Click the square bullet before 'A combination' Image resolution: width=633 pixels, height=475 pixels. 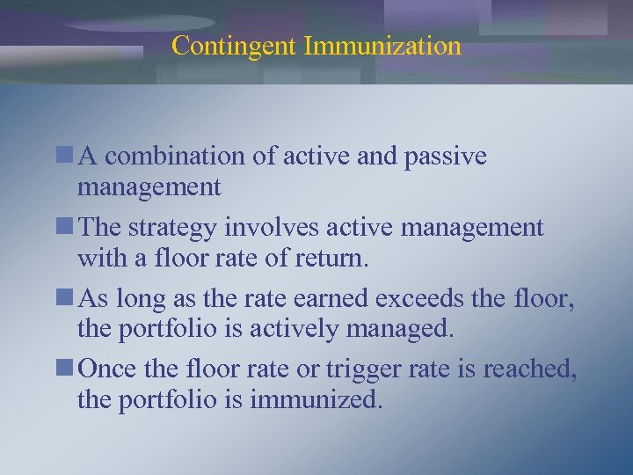click(x=68, y=157)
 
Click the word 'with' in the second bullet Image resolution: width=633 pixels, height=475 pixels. click(x=99, y=259)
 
